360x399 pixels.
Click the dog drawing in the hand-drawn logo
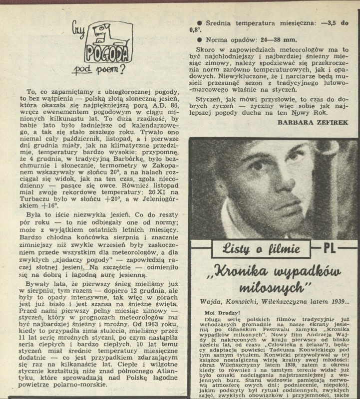coord(111,37)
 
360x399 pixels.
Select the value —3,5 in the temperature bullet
coord(332,22)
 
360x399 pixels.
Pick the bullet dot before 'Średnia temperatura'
coord(200,23)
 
